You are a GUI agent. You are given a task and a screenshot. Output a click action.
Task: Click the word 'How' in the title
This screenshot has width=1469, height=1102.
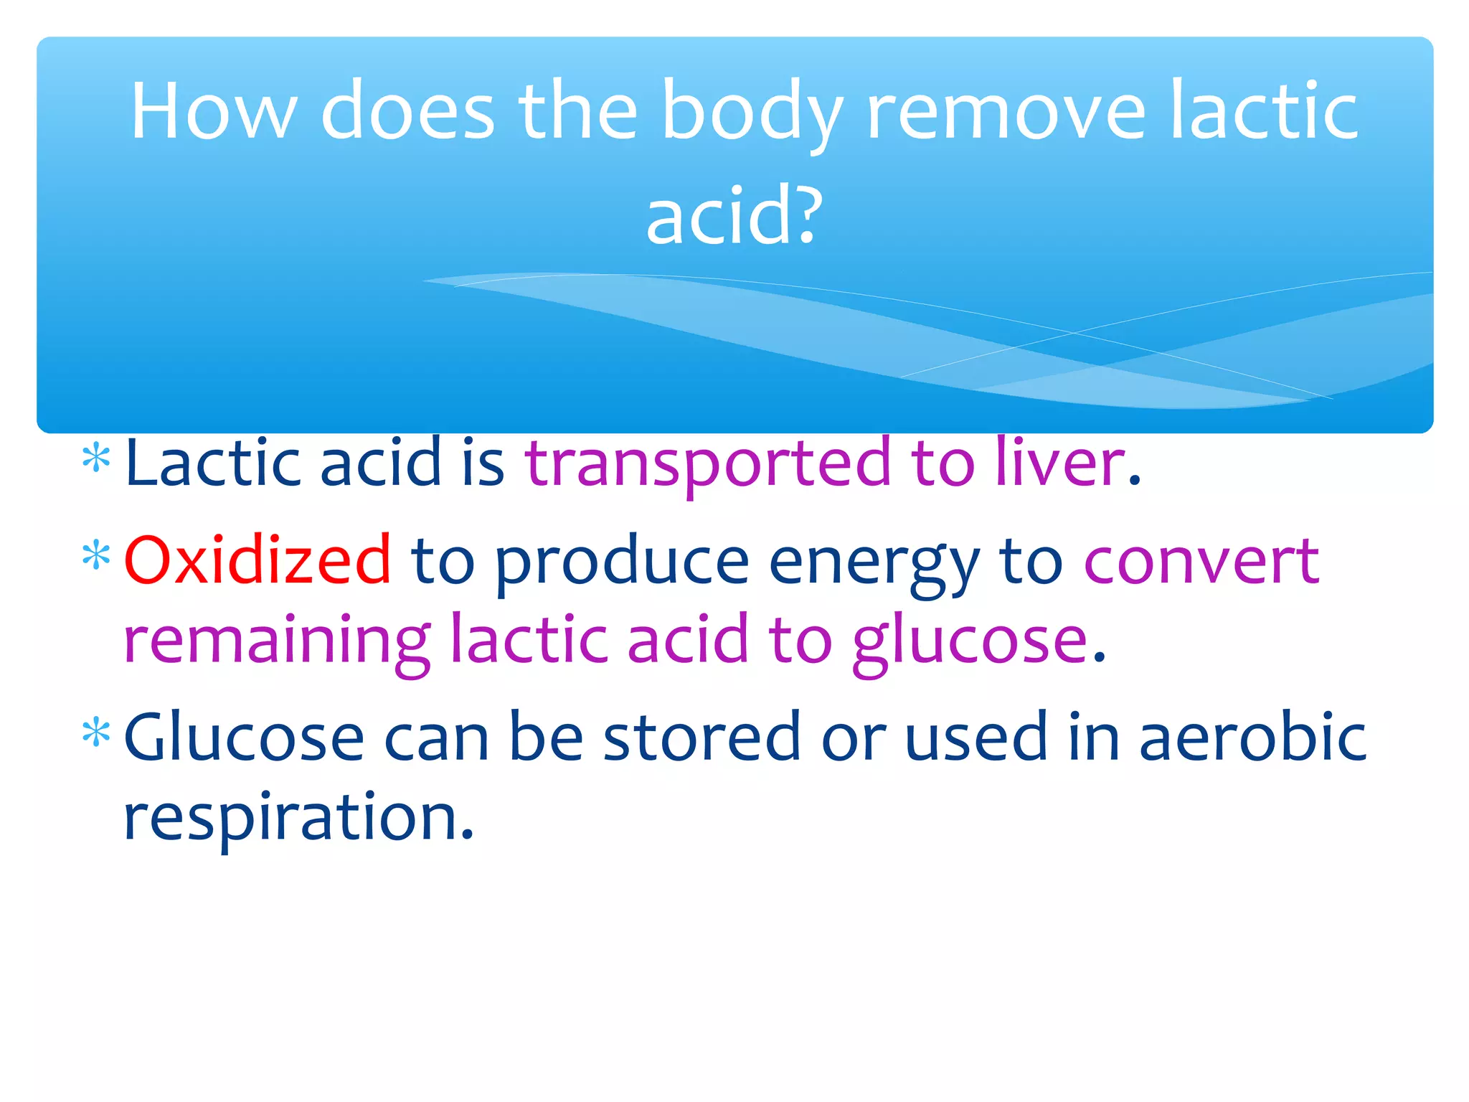[213, 111]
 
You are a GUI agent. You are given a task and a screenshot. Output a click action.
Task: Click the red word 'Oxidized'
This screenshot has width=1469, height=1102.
[258, 560]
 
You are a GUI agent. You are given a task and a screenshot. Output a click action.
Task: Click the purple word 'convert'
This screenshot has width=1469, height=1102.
[1201, 562]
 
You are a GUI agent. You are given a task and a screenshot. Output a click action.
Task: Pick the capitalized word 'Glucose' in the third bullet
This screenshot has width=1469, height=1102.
[244, 737]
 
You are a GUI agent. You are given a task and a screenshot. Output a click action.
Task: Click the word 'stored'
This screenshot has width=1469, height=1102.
[701, 737]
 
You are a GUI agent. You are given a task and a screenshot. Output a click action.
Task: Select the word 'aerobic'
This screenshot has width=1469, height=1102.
[1252, 737]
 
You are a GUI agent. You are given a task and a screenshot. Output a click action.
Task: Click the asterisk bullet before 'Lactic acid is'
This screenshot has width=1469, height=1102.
[96, 459]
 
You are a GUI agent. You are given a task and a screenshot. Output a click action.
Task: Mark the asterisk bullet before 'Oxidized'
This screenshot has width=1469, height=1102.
[96, 556]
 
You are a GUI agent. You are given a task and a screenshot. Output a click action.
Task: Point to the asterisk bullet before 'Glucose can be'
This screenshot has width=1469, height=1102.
[96, 733]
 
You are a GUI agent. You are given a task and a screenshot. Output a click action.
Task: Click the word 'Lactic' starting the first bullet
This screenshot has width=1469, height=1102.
[212, 463]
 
